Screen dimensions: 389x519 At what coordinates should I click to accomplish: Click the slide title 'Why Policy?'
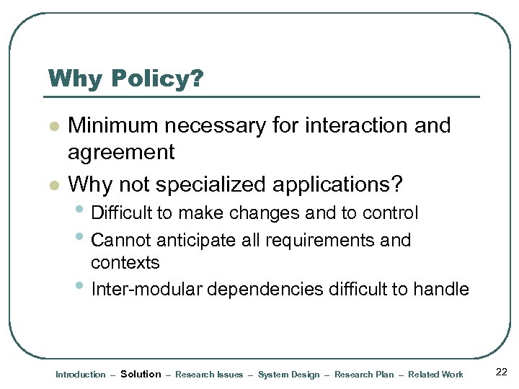tap(125, 79)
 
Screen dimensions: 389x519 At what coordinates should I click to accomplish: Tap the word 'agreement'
tap(121, 152)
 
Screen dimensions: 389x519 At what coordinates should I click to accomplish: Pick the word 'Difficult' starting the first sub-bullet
tap(122, 213)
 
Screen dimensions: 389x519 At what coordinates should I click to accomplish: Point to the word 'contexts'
tap(125, 262)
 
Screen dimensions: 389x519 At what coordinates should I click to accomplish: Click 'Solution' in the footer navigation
tap(141, 374)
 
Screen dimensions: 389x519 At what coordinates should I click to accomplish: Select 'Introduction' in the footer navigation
tap(80, 375)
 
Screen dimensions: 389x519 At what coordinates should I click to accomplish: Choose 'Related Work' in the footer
tap(435, 375)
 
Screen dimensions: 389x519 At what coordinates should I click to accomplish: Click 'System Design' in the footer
tap(288, 375)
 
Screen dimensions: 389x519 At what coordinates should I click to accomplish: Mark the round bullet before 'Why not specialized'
tap(52, 186)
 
